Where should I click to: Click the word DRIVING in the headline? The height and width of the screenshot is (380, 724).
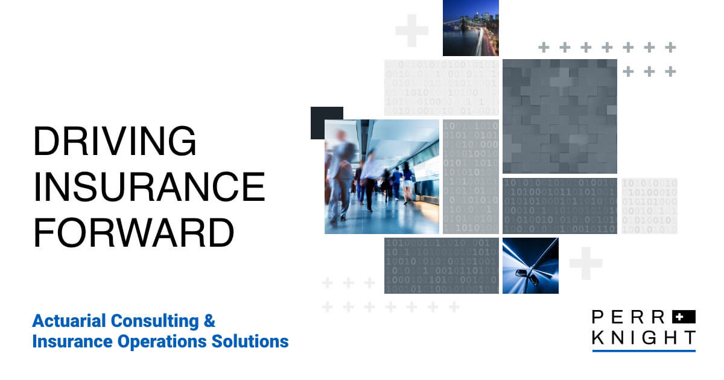[x=115, y=142]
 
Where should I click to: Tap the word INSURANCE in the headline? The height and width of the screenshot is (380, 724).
[x=149, y=188]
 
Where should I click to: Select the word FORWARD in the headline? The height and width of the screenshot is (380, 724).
[x=133, y=233]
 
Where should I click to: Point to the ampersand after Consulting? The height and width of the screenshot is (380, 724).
[x=209, y=320]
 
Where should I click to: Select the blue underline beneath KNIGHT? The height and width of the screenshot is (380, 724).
[x=643, y=350]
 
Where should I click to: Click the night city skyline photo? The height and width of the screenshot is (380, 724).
[x=471, y=28]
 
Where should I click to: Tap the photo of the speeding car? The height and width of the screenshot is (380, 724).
[x=530, y=265]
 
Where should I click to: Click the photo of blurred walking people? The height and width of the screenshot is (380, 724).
[x=381, y=176]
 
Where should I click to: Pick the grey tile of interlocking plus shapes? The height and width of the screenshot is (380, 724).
[x=560, y=116]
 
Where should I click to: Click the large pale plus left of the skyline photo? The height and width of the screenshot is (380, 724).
[x=411, y=30]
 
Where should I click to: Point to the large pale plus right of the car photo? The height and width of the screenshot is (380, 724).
[x=585, y=263]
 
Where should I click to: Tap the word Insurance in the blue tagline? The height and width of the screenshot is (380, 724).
[x=69, y=341]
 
